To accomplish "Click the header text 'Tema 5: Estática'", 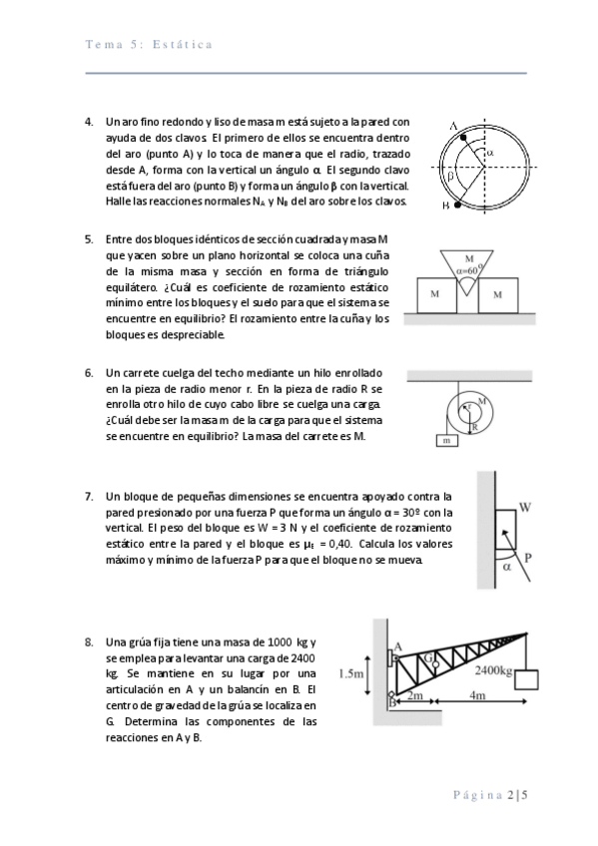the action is [x=149, y=44].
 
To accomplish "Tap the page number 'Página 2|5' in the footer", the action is [x=490, y=795].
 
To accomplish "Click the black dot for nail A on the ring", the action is [x=463, y=138].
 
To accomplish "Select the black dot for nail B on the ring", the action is [x=457, y=205].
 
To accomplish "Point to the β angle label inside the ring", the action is [x=449, y=176].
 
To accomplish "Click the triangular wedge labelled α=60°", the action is [x=467, y=268].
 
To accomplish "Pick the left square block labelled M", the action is [x=436, y=295].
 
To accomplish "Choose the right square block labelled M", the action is [x=497, y=295].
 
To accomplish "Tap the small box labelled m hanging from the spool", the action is [x=447, y=441].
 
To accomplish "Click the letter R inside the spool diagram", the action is [x=475, y=427].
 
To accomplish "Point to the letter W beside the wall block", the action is [x=525, y=507].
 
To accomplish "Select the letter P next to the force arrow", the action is [x=528, y=558].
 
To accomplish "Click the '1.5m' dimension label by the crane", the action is [x=350, y=673].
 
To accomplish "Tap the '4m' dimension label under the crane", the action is [x=477, y=695].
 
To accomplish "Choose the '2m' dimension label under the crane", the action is [x=414, y=695].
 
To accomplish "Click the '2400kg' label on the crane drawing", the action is [x=494, y=670].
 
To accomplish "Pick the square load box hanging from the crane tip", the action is [x=526, y=679].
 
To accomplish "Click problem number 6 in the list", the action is [x=89, y=373].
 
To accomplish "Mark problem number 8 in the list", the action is [x=89, y=642].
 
